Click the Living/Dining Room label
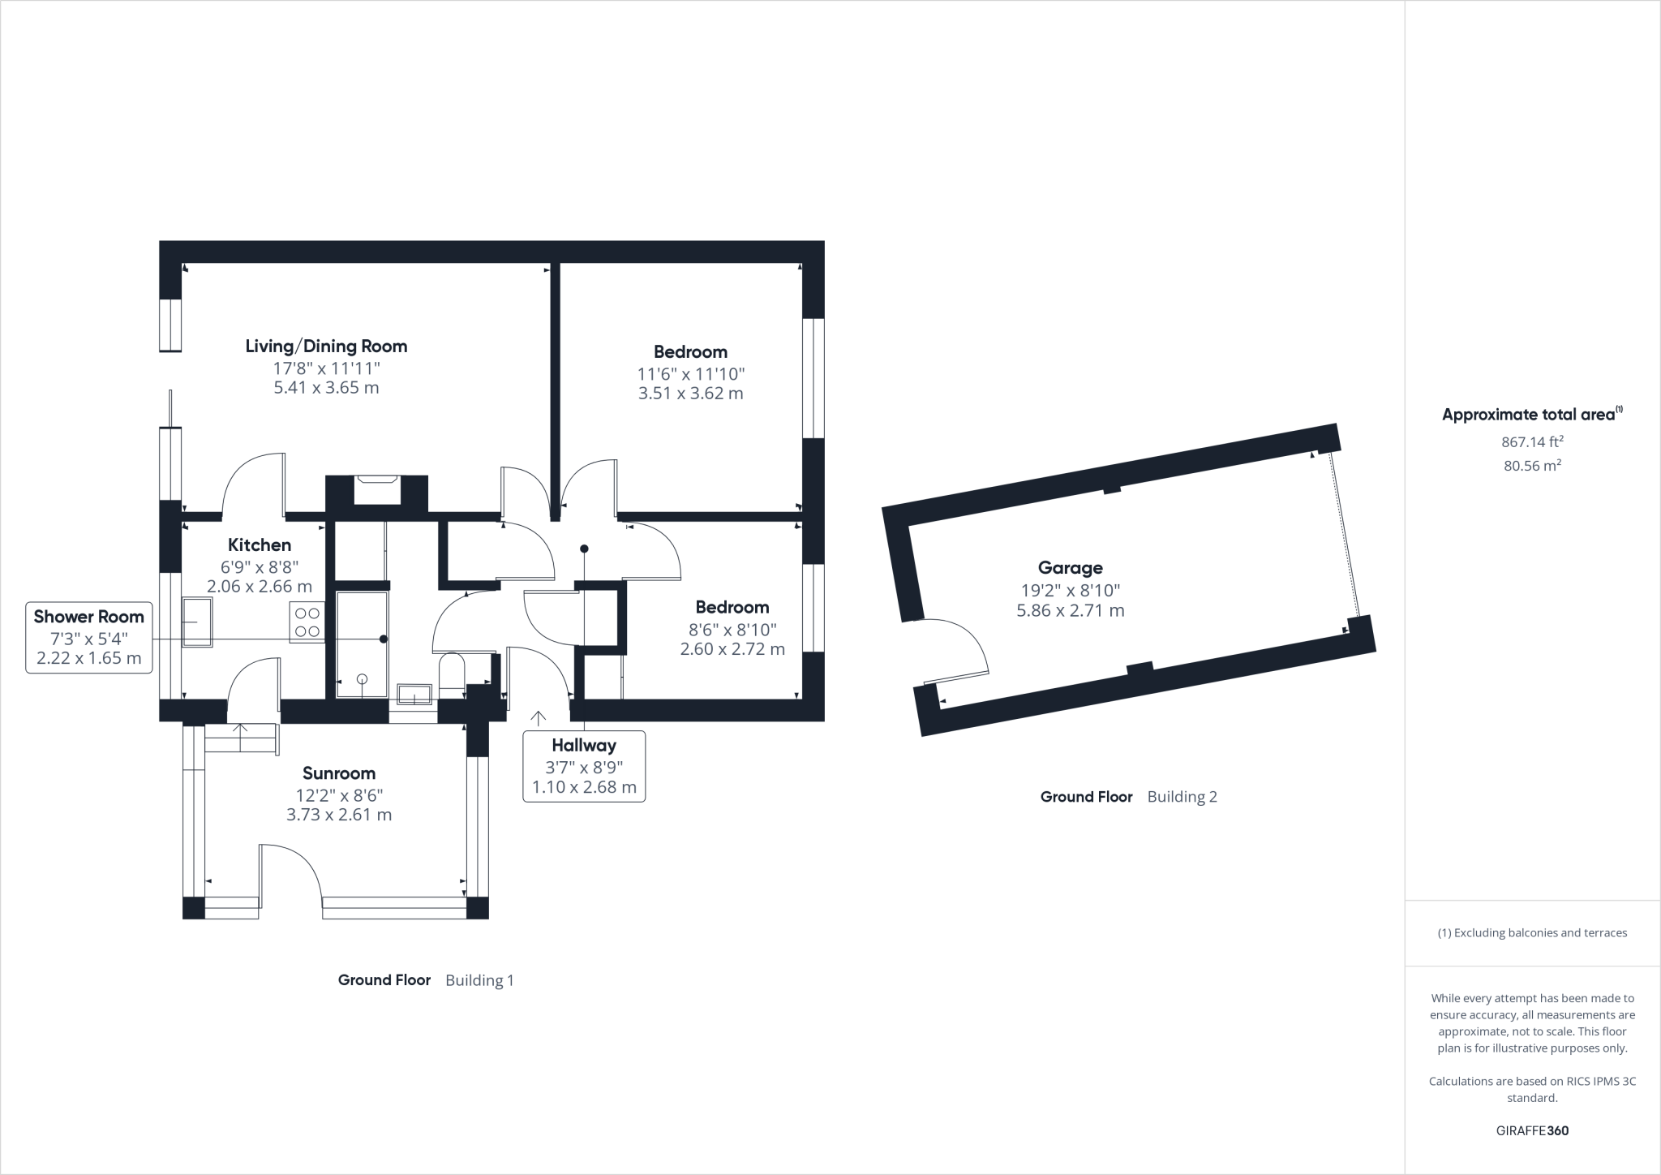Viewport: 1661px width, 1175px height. click(326, 346)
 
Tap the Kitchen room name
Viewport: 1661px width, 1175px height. click(260, 545)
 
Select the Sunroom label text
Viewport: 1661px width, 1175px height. click(339, 773)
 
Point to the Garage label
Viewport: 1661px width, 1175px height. click(1070, 568)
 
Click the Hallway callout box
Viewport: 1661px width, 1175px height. click(584, 766)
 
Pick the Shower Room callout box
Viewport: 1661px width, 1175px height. click(89, 637)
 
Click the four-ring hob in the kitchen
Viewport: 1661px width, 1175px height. click(307, 622)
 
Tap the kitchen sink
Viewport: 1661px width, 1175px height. click(197, 622)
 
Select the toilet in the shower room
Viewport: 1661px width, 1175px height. click(451, 674)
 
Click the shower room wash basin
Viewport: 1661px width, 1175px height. click(414, 695)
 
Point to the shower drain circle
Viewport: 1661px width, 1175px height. click(362, 678)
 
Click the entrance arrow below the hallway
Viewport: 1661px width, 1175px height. click(538, 719)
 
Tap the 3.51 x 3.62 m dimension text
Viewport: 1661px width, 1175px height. click(690, 394)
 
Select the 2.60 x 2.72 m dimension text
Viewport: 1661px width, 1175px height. click(732, 649)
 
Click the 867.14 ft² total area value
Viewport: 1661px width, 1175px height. click(1532, 442)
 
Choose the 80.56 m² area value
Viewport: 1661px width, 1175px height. click(1532, 466)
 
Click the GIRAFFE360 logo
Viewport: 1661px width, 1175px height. click(1532, 1130)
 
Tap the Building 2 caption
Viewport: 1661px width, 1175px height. click(1182, 797)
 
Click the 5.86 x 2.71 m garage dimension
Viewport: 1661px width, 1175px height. click(1070, 611)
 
